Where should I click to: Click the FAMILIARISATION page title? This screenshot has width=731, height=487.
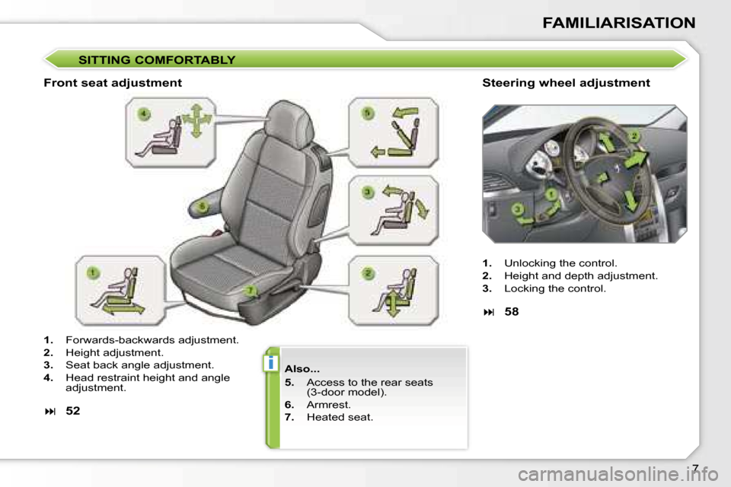[618, 23]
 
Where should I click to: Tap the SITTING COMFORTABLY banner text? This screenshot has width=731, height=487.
[157, 60]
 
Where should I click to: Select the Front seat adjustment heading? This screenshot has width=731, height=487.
[113, 83]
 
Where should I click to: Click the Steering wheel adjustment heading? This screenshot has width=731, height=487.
[566, 83]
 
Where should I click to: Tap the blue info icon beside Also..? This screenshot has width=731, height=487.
[270, 362]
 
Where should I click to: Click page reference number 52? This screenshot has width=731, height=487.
[73, 411]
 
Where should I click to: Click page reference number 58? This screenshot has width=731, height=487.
[512, 311]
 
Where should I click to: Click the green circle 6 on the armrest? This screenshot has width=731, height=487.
[202, 206]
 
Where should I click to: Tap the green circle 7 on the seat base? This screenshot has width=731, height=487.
[251, 291]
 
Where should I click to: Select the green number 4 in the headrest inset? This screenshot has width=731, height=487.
[144, 113]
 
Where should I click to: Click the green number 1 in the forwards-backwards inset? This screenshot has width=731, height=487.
[93, 272]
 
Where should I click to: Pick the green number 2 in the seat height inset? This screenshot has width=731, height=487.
[368, 274]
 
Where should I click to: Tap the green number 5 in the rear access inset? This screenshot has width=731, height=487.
[368, 113]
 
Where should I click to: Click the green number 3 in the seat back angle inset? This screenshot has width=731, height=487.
[368, 192]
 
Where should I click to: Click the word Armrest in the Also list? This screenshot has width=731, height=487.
[328, 405]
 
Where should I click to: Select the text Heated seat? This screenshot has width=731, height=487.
[340, 417]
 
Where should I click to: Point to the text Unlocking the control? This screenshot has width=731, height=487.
[560, 263]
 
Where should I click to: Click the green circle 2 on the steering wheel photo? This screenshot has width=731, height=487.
[634, 136]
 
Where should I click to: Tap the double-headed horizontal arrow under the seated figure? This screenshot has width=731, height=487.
[123, 309]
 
